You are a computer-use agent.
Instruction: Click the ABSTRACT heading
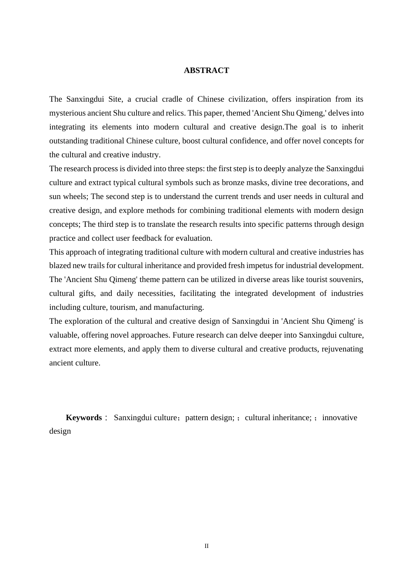[206, 70]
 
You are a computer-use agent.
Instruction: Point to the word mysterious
[67, 113]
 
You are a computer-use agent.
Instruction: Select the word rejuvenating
[342, 349]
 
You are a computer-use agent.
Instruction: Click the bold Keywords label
[83, 418]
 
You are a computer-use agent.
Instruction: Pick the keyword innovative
[340, 418]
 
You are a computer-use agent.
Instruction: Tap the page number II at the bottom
[206, 546]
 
